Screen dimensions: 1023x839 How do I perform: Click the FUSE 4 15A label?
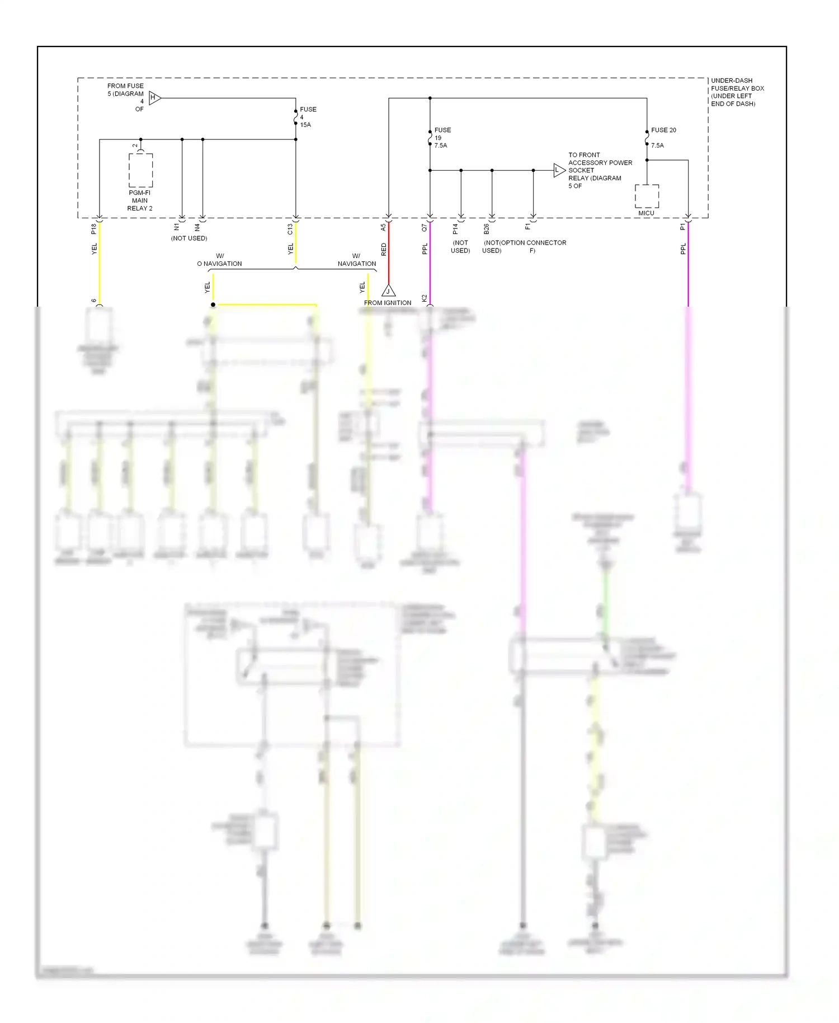click(x=307, y=117)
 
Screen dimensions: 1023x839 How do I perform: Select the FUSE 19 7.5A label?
click(x=442, y=138)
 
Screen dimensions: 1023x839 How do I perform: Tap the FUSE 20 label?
click(x=663, y=130)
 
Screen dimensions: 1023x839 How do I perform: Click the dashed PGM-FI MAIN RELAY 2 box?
click(x=140, y=171)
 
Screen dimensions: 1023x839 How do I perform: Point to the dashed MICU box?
click(x=647, y=196)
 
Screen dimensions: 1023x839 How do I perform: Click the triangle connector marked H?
click(x=154, y=98)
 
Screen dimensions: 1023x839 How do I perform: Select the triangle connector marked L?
click(x=558, y=170)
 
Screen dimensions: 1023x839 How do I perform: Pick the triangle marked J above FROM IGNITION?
click(x=388, y=290)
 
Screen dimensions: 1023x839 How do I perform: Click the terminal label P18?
click(x=94, y=228)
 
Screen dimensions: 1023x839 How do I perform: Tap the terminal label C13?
click(x=290, y=228)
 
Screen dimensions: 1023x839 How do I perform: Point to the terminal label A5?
click(x=384, y=228)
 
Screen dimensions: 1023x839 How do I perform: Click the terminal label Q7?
click(x=425, y=228)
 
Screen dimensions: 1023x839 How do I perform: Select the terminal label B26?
click(x=487, y=228)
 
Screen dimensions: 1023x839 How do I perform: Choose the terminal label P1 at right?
click(x=683, y=227)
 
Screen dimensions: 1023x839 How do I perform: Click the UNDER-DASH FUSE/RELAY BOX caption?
click(x=737, y=92)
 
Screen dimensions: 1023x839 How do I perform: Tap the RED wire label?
click(x=384, y=250)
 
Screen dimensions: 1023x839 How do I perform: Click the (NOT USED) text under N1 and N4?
click(x=189, y=238)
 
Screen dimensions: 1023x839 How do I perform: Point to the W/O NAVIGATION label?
click(x=219, y=260)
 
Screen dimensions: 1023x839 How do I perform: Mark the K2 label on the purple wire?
click(x=425, y=298)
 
